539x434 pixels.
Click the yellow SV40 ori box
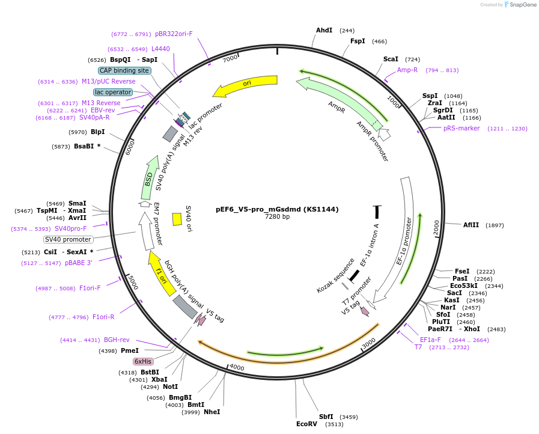[x=177, y=219]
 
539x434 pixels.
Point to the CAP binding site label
[x=124, y=70]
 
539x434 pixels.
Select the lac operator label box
[x=113, y=92]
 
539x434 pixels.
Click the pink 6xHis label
[x=143, y=361]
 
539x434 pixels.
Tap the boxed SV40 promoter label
[x=68, y=239]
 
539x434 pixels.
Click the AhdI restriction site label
[x=324, y=30]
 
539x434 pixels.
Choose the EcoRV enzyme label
[x=306, y=424]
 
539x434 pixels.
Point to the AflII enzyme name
[x=471, y=225]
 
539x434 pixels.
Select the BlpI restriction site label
[x=97, y=132]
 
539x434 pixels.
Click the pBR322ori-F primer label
[x=174, y=34]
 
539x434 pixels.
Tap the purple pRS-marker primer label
[x=461, y=128]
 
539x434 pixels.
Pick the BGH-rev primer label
[x=117, y=340]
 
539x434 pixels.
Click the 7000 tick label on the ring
[x=230, y=58]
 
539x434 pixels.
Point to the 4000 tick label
[x=237, y=367]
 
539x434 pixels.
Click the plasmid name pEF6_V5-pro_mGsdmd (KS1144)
[x=277, y=209]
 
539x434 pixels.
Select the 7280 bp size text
[x=277, y=216]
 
